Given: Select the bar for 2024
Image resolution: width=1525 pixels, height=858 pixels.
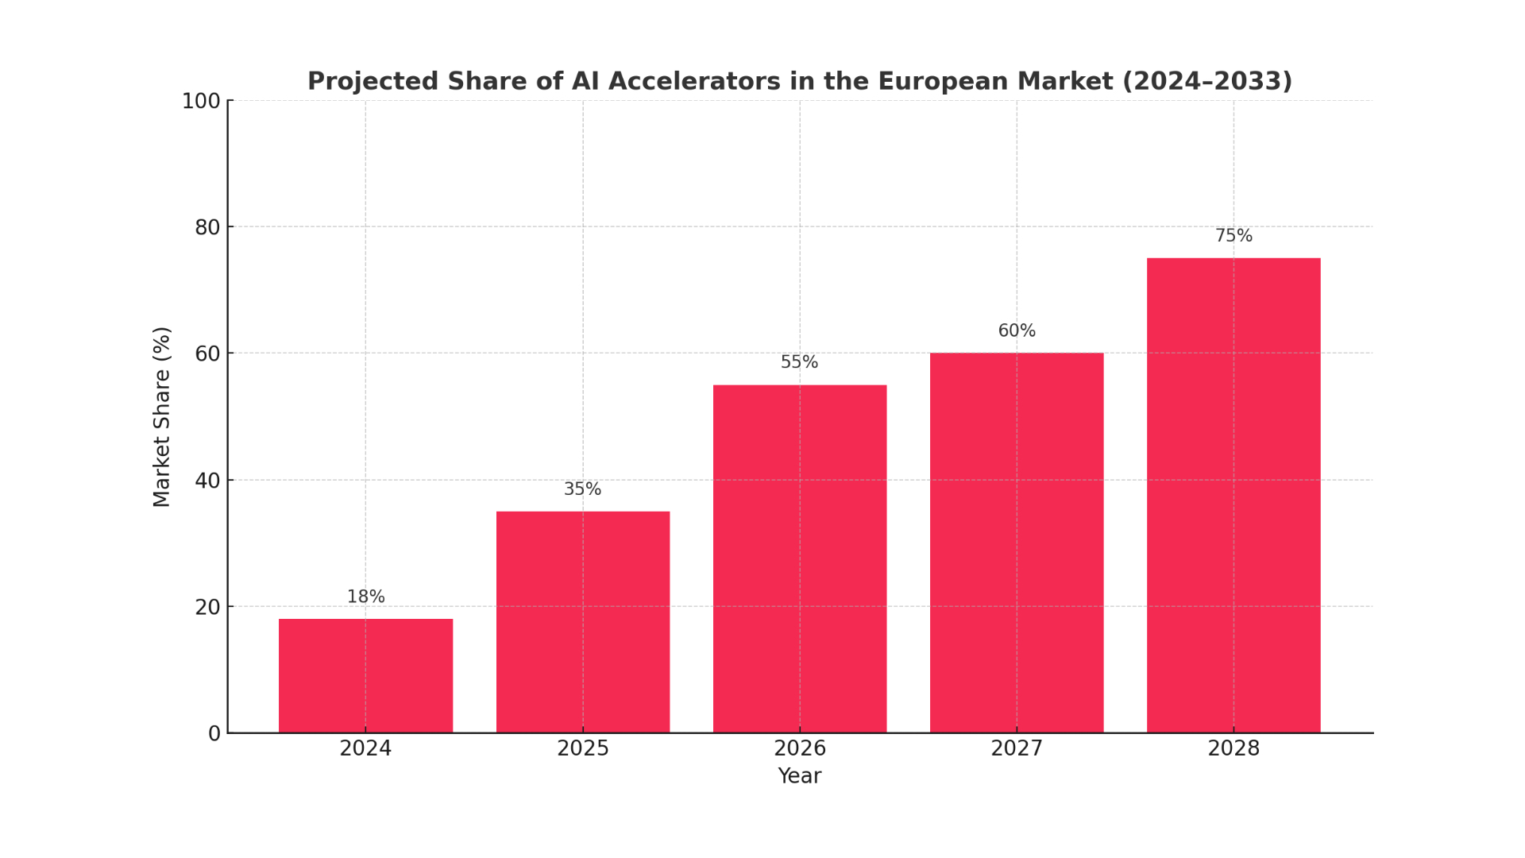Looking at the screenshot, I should [365, 675].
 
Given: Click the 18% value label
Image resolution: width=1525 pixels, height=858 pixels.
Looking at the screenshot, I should [365, 597].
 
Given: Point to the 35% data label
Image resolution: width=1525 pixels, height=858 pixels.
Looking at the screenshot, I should [582, 489].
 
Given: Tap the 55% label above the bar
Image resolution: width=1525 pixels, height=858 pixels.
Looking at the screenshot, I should [799, 362].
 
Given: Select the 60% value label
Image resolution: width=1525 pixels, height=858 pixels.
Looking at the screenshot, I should [1016, 330].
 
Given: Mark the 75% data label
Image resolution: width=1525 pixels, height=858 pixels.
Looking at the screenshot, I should [1233, 236].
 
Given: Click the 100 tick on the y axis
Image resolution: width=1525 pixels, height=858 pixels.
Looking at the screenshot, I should [201, 102].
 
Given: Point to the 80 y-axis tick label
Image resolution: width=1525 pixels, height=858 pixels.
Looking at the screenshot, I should [207, 228].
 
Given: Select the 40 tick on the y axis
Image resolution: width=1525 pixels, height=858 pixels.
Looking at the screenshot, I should [207, 481].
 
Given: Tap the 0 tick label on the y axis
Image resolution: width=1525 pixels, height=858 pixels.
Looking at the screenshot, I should [214, 734].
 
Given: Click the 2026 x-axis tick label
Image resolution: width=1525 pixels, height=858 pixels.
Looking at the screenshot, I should [799, 748].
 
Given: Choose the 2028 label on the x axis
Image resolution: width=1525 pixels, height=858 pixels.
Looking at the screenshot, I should [1233, 748].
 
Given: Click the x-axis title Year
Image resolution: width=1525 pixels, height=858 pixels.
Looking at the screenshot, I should [799, 776].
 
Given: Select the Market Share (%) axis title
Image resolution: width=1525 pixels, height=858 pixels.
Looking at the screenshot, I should [162, 416].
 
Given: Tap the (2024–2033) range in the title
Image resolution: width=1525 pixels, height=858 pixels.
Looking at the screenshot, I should [1206, 82].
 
